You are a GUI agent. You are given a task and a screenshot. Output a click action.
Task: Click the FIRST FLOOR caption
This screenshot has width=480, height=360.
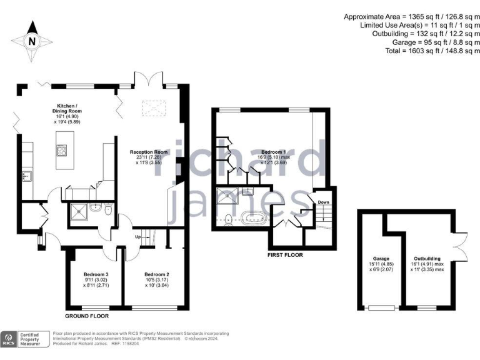(x=284, y=255)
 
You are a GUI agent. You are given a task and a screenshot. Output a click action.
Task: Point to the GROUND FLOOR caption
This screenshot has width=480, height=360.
(x=87, y=317)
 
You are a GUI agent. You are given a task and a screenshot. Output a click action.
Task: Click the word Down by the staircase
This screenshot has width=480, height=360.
(x=323, y=202)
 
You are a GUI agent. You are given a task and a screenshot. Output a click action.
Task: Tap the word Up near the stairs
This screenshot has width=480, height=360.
(x=137, y=236)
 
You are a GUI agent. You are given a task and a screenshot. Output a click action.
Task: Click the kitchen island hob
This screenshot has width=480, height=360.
(x=62, y=151)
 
